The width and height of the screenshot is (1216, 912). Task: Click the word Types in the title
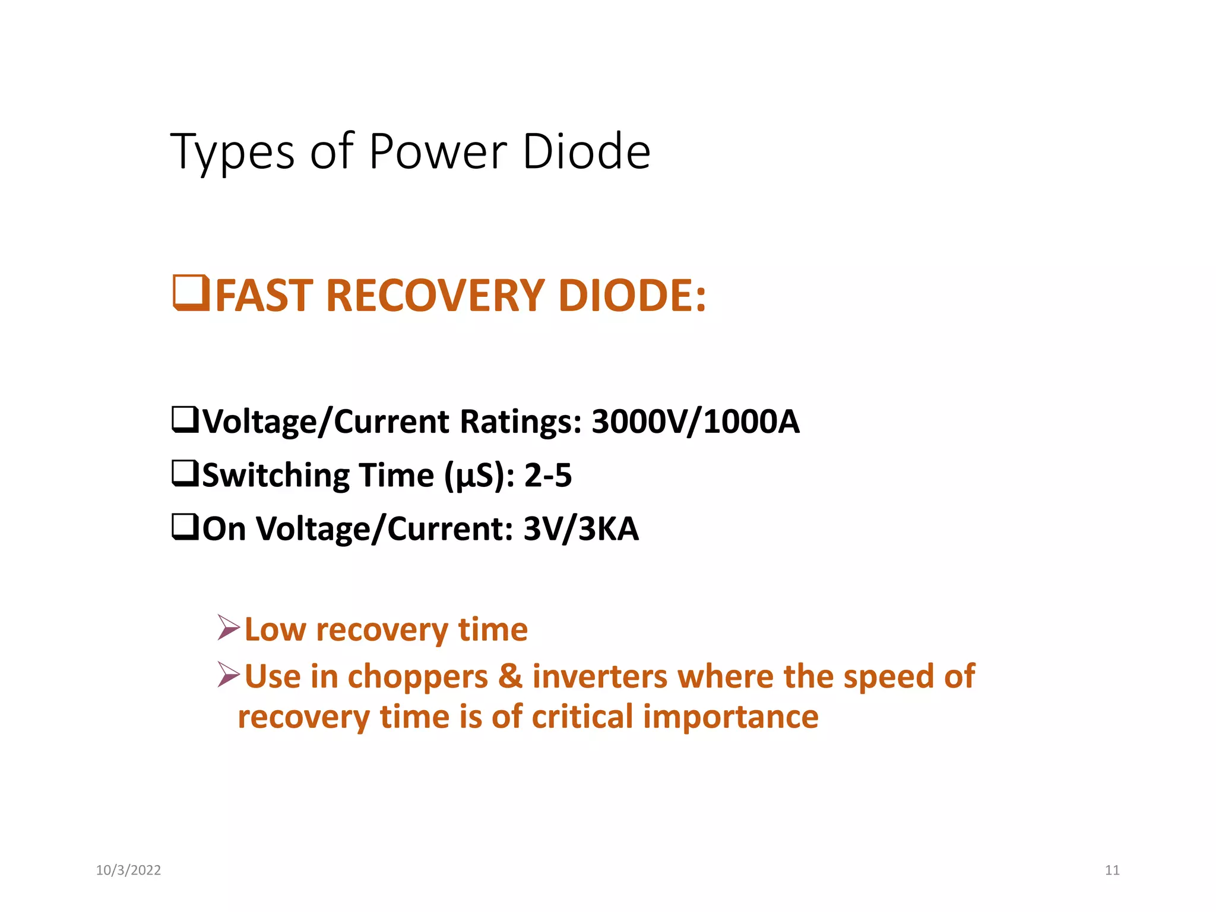232,152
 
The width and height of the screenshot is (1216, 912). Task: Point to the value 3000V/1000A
695,422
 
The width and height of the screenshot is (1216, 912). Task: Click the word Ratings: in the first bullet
521,422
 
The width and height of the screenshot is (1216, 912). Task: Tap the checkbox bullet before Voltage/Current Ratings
185,419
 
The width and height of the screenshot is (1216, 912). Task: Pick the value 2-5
548,476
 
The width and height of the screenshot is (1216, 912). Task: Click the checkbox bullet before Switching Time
185,473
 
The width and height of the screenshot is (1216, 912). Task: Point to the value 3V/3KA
581,528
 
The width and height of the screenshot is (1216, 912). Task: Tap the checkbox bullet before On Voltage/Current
185,527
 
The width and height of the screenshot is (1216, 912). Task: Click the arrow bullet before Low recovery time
229,628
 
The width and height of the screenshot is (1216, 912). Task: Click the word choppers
417,676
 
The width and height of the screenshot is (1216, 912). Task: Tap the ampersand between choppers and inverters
510,676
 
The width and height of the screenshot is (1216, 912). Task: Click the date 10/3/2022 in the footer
128,870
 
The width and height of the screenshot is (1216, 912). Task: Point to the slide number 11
1112,870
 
